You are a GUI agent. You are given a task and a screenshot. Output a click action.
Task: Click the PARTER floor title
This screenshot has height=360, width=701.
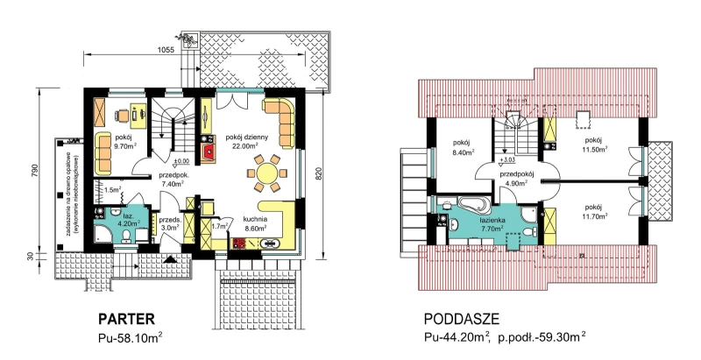pos(126,319)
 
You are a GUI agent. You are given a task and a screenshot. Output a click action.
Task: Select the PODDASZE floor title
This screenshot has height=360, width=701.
pos(461,319)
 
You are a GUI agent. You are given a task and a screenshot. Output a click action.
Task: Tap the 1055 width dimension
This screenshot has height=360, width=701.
pos(166,50)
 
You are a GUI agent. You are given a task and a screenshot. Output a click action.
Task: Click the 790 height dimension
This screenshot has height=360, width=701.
pos(36,171)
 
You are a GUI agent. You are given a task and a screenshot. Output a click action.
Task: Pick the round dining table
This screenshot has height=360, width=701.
pos(266,173)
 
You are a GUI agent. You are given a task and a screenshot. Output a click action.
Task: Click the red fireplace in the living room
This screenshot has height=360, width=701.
pos(209,152)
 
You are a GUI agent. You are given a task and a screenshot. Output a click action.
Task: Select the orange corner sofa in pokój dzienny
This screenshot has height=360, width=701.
pos(280,121)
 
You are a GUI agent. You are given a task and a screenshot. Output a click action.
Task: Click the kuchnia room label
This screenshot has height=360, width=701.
pos(255,219)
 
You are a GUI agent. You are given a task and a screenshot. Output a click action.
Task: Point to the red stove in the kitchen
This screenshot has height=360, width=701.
pos(238,244)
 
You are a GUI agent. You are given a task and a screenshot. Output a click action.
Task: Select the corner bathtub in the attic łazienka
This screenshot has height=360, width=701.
pos(474,205)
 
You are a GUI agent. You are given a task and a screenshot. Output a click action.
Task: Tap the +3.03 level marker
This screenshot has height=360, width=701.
pos(506,159)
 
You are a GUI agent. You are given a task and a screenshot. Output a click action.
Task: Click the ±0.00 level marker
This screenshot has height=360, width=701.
pos(181,160)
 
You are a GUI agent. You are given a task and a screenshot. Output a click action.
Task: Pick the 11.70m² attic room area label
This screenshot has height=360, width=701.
pos(595,216)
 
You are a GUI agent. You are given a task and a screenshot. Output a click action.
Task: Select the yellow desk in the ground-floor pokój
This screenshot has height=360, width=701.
pos(138,110)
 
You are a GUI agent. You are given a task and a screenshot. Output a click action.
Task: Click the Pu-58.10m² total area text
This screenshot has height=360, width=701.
pos(130,336)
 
